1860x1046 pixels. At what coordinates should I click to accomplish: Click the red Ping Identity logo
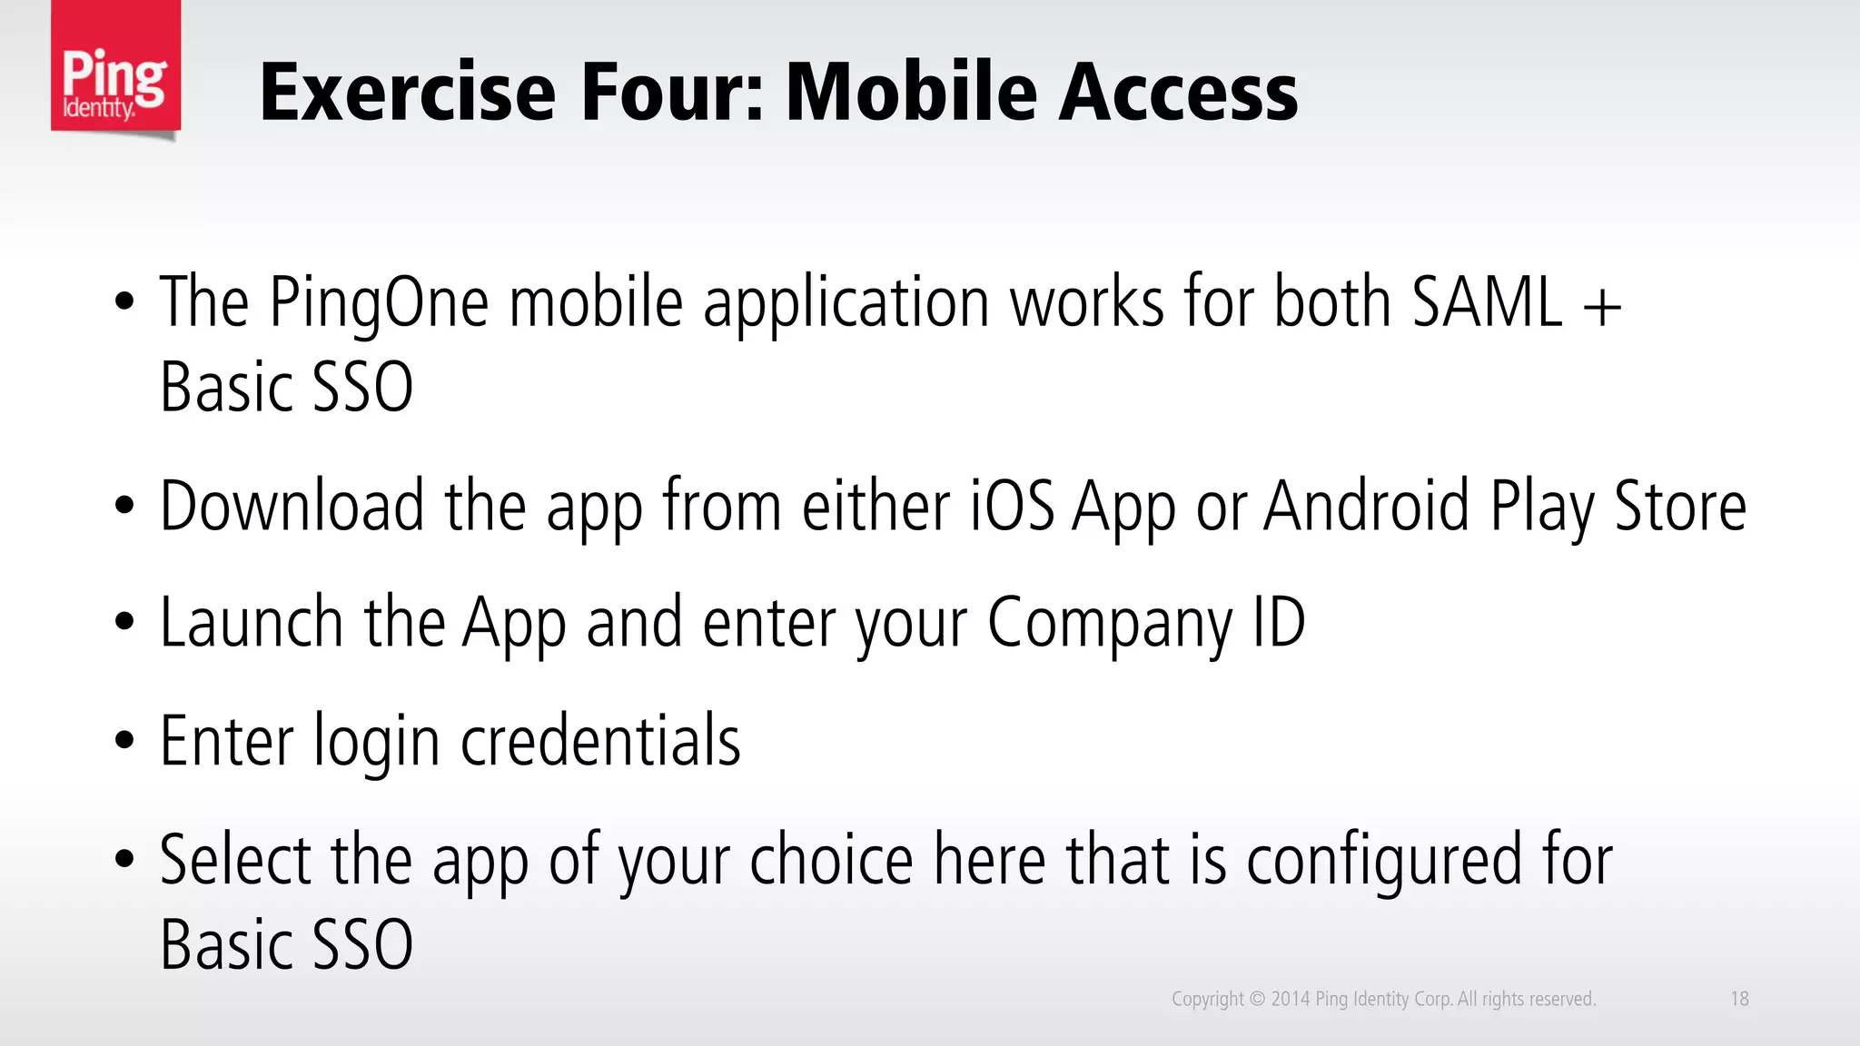(115, 68)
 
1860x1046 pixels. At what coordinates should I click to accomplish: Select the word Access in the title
(1179, 93)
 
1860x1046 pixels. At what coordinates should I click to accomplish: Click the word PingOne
(379, 303)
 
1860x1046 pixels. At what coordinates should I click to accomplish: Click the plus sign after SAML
(1602, 305)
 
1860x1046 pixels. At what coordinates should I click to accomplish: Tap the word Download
(292, 506)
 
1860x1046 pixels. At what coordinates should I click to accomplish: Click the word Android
(1367, 506)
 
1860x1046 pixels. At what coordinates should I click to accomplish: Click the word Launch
(252, 623)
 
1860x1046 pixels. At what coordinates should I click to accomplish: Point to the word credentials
(600, 741)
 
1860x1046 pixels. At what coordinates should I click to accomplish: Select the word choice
(831, 859)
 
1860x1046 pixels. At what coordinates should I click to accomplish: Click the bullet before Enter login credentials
(124, 741)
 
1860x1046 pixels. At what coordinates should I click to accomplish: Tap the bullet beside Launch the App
(124, 623)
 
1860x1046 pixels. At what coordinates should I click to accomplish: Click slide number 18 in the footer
(1739, 999)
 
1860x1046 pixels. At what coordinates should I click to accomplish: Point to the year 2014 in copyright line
(1290, 999)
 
